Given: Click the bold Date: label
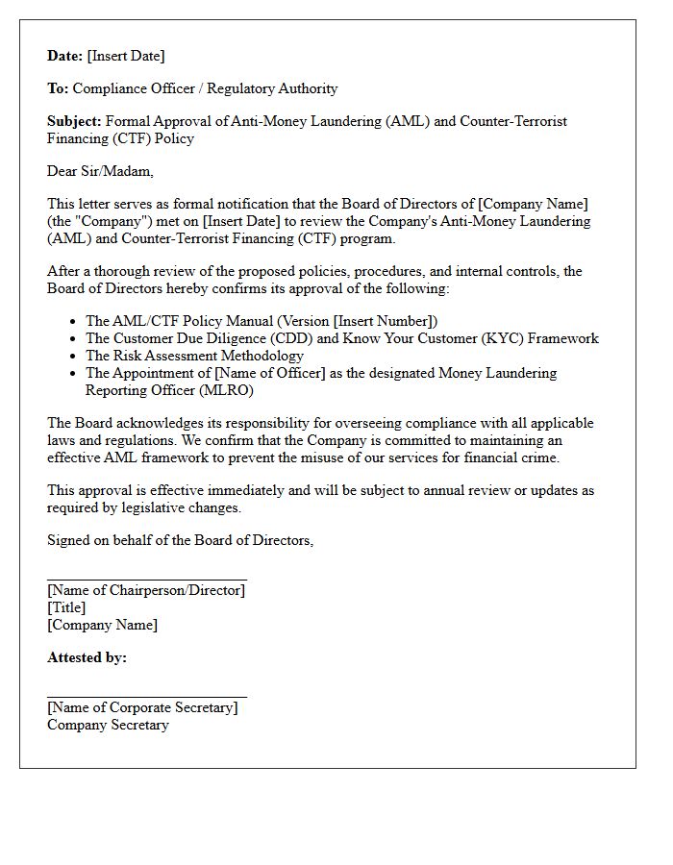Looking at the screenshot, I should click(65, 56).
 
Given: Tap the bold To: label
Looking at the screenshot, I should click(58, 88).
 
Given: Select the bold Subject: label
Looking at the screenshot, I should click(74, 121).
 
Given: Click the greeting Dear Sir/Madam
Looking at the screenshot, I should click(100, 171).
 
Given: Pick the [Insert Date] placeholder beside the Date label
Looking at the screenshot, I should click(126, 56).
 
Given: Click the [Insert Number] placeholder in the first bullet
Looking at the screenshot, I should click(383, 321).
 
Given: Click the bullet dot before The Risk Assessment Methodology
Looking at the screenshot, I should click(74, 357).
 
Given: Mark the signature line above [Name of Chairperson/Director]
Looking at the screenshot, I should click(147, 580).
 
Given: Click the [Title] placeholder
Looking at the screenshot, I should click(66, 607).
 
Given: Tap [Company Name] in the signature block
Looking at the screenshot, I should click(102, 625).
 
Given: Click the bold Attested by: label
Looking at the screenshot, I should click(87, 657).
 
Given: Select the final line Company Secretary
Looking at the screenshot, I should click(108, 725).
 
